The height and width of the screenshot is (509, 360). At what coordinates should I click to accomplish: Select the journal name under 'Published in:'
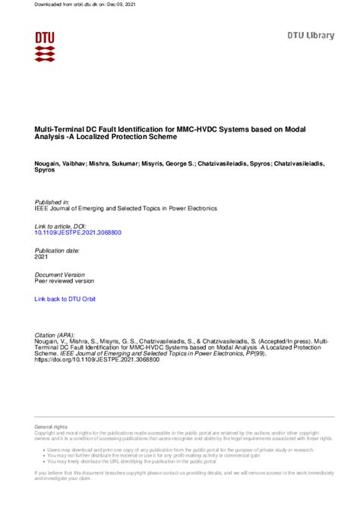126,208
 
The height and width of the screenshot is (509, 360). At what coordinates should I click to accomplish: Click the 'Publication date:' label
58,250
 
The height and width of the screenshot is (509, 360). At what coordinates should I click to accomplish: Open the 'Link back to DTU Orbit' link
65,300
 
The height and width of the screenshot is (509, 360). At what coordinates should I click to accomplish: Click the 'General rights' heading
50,428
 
